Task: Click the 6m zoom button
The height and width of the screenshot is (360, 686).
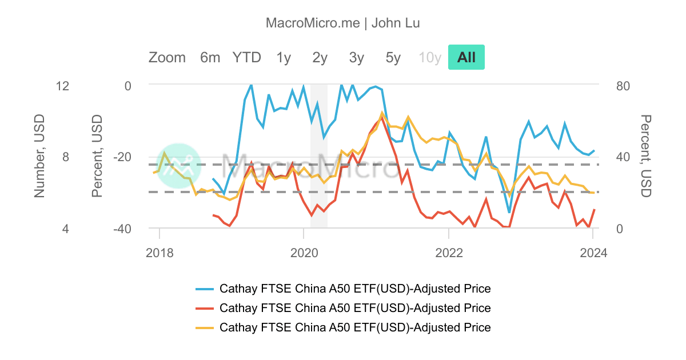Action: [210, 57]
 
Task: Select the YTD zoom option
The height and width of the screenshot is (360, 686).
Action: [246, 57]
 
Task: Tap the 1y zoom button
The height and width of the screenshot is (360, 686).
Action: [284, 57]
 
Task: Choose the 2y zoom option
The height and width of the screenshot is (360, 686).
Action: [320, 57]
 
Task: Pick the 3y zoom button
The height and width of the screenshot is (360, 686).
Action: [357, 57]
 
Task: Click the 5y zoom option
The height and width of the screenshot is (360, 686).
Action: [393, 57]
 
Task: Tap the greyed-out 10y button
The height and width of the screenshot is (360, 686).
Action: [430, 57]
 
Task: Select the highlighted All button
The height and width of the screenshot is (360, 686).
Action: [466, 57]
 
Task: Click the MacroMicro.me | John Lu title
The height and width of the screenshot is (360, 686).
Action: [343, 23]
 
